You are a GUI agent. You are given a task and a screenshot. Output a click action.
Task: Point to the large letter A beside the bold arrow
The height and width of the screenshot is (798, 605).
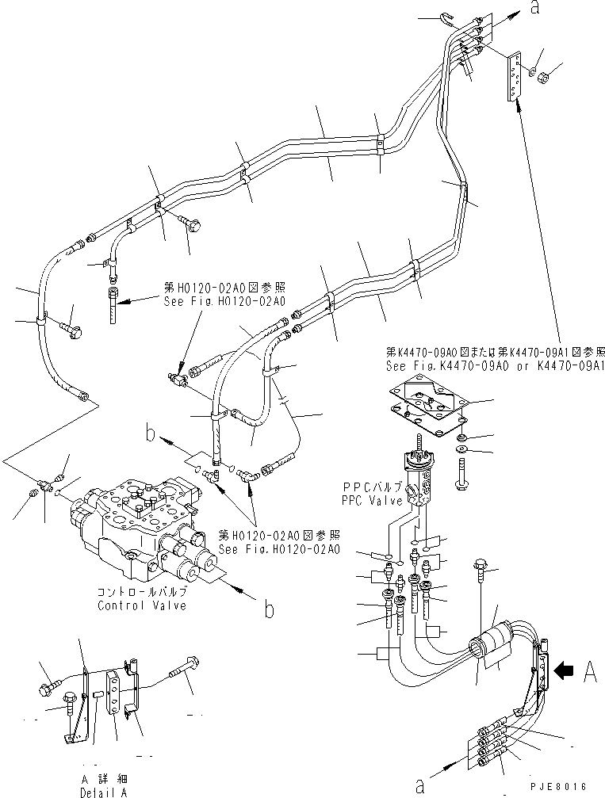[x=589, y=673]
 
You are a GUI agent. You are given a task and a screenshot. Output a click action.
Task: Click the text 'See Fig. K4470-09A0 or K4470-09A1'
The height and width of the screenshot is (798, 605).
[x=496, y=367]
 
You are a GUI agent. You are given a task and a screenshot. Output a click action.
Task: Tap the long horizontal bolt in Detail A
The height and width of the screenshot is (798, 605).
[x=182, y=667]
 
